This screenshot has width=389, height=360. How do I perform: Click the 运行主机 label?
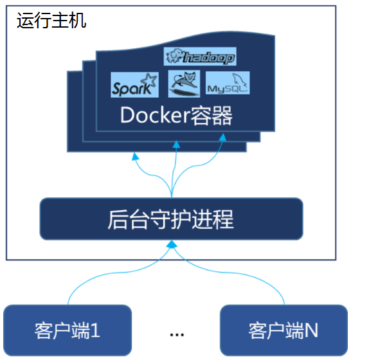point(51,20)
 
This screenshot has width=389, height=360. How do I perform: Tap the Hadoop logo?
point(200,57)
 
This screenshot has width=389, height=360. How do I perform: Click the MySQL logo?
point(227,84)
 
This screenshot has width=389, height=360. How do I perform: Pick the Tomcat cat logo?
point(181,84)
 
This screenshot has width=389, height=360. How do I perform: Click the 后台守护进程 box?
point(171,219)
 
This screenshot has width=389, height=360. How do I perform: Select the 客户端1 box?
point(68,330)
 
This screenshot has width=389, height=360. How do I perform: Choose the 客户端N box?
point(284,330)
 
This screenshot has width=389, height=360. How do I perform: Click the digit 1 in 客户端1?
point(96,330)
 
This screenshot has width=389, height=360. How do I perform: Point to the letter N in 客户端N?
point(311,330)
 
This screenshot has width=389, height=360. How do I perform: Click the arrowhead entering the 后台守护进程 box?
point(172,245)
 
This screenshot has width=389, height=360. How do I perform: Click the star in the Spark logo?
point(150,82)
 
